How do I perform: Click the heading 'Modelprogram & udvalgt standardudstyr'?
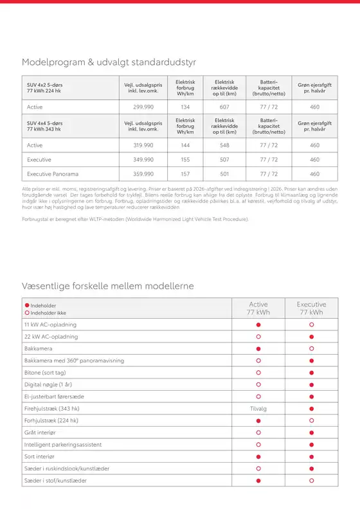tap(109, 62)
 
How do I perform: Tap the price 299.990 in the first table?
tap(143, 107)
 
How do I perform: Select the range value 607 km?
tap(224, 107)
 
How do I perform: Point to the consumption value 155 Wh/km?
tap(185, 159)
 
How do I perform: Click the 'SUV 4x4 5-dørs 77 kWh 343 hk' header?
tap(45, 125)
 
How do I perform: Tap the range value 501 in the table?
tap(224, 174)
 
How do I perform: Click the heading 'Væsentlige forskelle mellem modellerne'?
tap(108, 285)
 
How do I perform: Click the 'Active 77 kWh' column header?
tap(258, 308)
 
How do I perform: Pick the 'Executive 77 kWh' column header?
tap(311, 308)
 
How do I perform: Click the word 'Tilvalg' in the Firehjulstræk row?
tap(258, 408)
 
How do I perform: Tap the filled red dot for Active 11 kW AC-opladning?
tap(258, 325)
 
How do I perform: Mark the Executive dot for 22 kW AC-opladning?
tap(311, 337)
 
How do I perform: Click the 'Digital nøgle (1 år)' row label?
tap(48, 384)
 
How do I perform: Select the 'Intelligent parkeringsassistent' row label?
tap(63, 444)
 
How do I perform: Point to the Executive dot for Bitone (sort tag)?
tap(311, 372)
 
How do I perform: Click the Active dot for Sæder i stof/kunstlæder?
tap(258, 480)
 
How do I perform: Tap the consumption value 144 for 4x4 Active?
tap(185, 145)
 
